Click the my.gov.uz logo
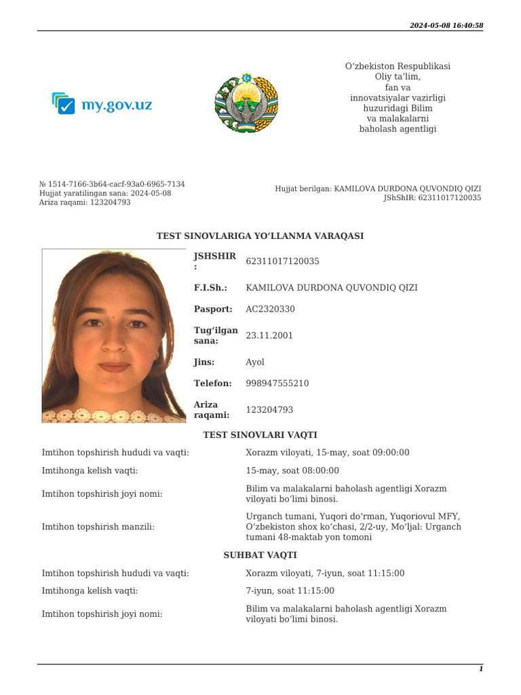[x=102, y=104]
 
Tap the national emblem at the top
[x=246, y=104]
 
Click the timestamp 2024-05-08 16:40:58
[x=446, y=25]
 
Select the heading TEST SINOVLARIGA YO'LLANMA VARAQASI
[x=260, y=236]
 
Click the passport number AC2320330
[x=270, y=309]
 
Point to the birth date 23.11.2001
[x=269, y=335]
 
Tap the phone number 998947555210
[x=277, y=383]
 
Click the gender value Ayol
[x=255, y=362]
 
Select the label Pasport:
[x=213, y=309]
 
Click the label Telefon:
[x=213, y=383]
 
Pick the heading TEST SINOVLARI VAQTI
[x=260, y=435]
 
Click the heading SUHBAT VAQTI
[x=260, y=555]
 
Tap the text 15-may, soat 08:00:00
[x=292, y=470]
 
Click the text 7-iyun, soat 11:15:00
[x=290, y=591]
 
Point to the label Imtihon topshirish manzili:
[x=98, y=527]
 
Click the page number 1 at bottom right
[x=481, y=669]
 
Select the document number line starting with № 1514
[x=112, y=184]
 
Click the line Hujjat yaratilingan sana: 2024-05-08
[x=105, y=193]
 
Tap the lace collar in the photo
[x=113, y=415]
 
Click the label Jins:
[x=204, y=362]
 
